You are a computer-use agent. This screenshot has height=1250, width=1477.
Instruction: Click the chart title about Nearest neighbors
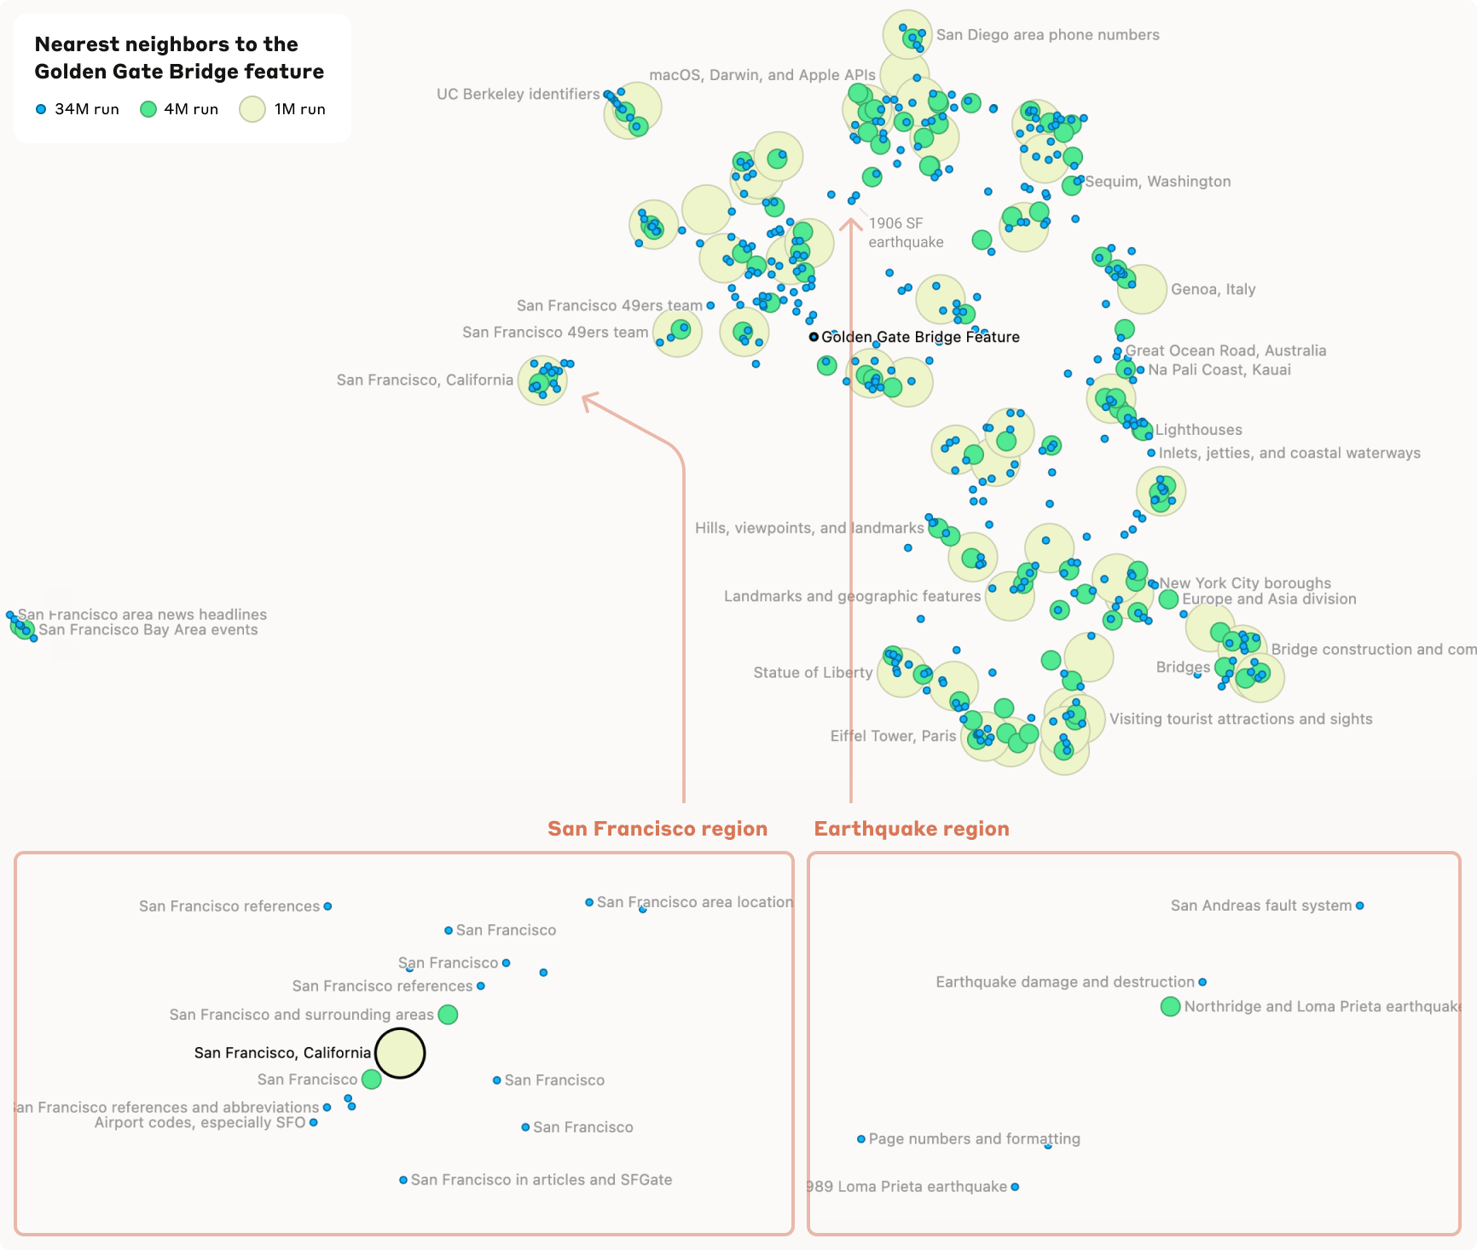pos(179,57)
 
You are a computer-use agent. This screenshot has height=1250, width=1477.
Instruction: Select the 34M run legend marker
pos(41,109)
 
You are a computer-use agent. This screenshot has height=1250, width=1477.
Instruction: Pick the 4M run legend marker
pos(148,109)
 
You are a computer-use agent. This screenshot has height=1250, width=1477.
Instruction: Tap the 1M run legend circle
pos(252,109)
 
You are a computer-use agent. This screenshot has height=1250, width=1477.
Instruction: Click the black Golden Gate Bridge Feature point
pos(814,337)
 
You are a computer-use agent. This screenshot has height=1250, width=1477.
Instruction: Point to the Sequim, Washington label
pos(1157,182)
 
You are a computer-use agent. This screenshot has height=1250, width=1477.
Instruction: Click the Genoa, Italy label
pos(1213,289)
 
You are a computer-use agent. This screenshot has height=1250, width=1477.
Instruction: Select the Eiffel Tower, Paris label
pos(893,736)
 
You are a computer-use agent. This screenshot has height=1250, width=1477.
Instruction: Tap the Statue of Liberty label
pos(813,673)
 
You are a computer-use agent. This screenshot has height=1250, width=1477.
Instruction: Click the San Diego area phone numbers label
pos(1047,35)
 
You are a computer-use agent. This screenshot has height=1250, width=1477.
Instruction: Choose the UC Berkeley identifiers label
pos(518,94)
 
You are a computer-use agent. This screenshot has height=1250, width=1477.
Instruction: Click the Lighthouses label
pos(1198,430)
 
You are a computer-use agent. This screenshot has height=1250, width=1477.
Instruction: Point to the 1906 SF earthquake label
pos(906,233)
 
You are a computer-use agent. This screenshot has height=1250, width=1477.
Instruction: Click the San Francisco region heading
pos(657,829)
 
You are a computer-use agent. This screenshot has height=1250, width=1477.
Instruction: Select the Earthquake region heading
pos(911,829)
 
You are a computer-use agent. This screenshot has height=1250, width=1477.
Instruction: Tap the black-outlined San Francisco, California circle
pos(400,1053)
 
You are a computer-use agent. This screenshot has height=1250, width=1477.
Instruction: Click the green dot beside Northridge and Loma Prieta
pos(1170,1006)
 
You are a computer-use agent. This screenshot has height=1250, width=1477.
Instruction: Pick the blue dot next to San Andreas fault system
pos(1359,906)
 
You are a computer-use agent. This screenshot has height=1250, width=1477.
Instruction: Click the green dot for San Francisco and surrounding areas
pos(448,1015)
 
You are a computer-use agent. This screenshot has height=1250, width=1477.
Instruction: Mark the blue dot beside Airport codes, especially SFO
pos(314,1123)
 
